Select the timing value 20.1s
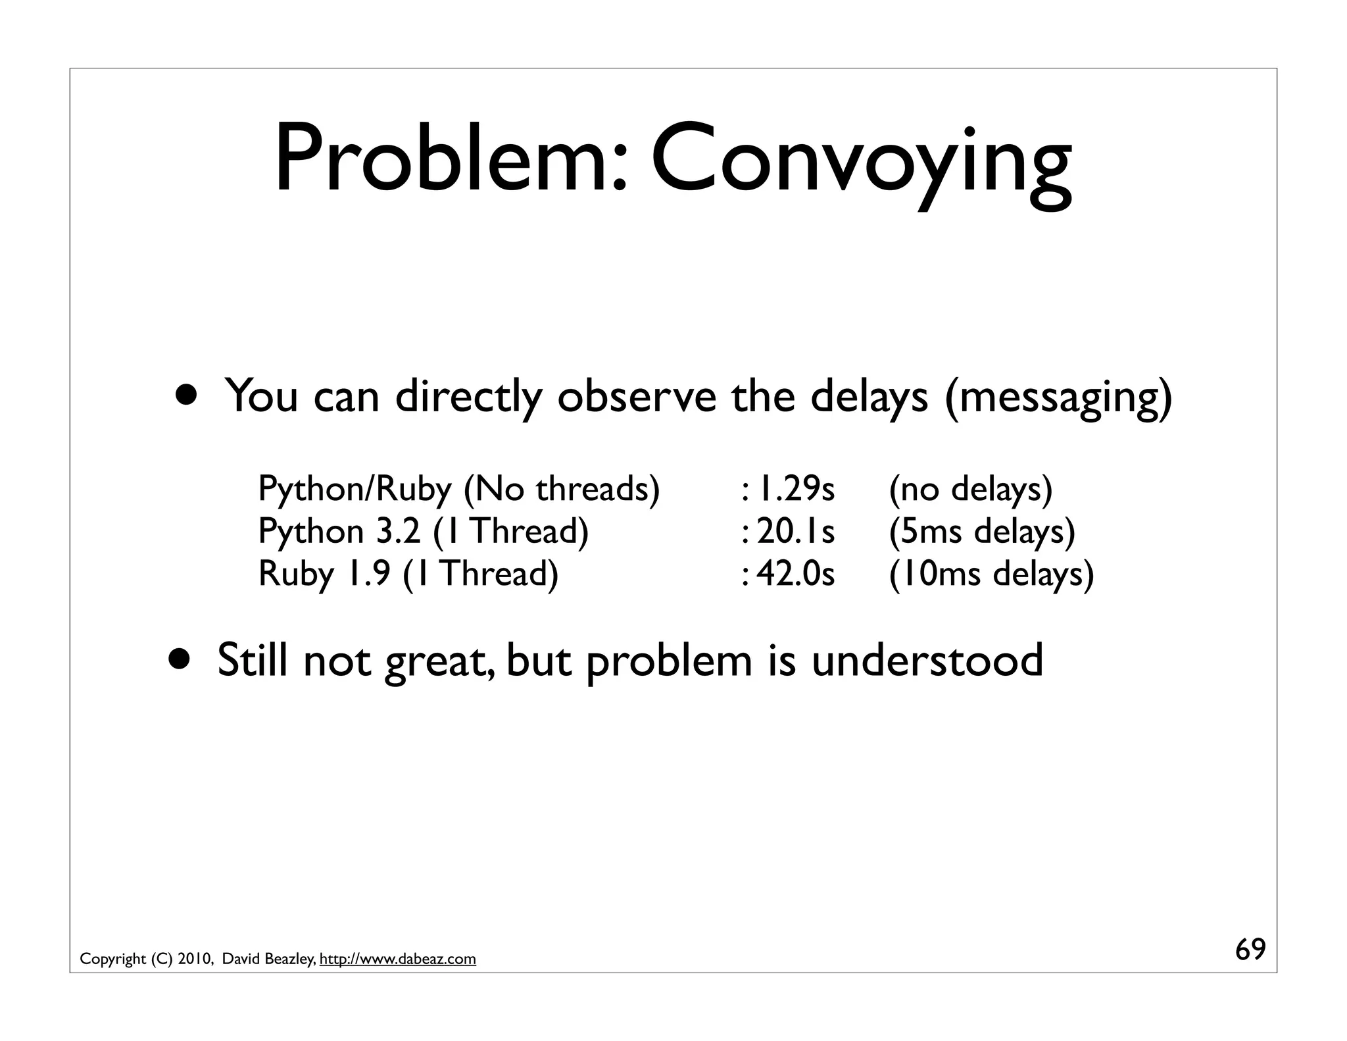click(x=795, y=532)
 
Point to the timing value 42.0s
click(x=795, y=574)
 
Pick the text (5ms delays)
click(x=981, y=532)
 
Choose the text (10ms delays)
click(x=991, y=574)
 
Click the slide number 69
click(x=1250, y=950)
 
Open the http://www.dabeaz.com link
click(x=397, y=959)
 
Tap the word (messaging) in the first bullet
click(x=1058, y=397)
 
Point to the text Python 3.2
click(x=339, y=532)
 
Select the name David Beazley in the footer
click(x=268, y=959)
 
